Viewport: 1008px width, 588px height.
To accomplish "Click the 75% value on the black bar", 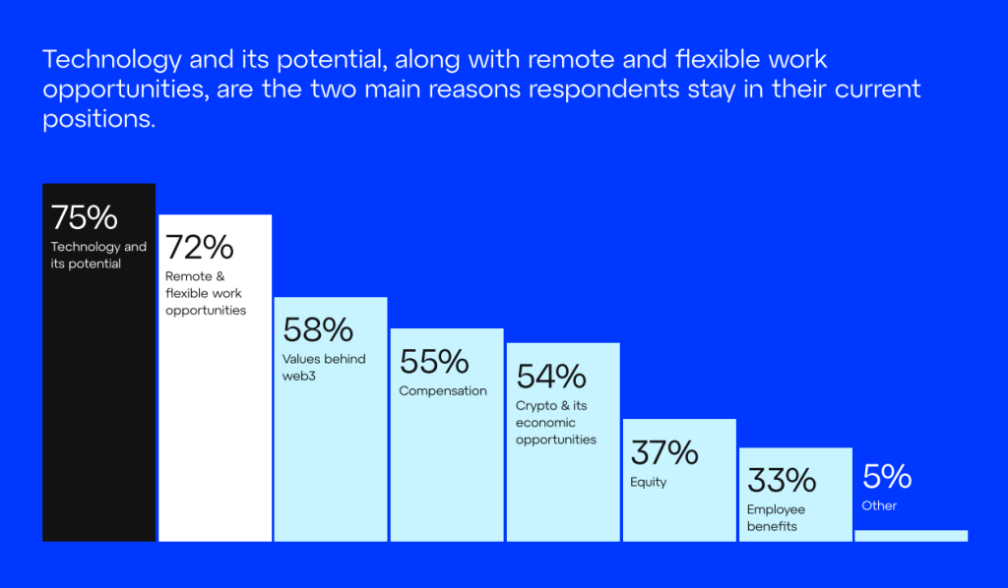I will point(84,217).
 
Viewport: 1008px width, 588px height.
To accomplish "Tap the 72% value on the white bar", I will point(199,247).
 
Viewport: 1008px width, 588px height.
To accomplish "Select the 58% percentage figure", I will point(317,329).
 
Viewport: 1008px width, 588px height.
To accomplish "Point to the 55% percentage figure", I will point(433,362).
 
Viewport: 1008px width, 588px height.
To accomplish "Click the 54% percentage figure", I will point(550,377).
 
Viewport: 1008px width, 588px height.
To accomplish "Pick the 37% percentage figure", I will point(663,453).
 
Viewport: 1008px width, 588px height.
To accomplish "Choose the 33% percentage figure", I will point(782,481).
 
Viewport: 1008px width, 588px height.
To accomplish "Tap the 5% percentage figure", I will point(887,477).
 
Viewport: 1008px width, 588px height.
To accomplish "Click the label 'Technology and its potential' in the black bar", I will point(98,255).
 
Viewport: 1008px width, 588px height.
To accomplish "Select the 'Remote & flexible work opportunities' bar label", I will point(206,293).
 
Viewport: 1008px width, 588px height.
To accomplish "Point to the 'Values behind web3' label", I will point(324,367).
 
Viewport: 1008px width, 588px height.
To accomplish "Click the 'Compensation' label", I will point(443,390).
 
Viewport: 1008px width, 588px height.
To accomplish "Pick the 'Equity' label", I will point(649,482).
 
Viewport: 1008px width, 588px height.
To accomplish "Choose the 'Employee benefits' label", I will point(776,517).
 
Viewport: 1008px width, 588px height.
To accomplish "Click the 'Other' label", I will point(879,505).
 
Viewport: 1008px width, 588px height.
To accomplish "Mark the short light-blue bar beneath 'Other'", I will point(911,536).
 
